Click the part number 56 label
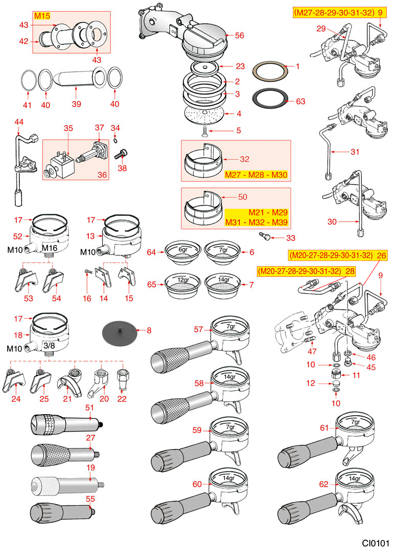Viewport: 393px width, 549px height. (x=239, y=36)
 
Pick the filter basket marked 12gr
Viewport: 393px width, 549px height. (x=183, y=282)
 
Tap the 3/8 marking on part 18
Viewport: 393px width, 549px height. (x=49, y=346)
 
